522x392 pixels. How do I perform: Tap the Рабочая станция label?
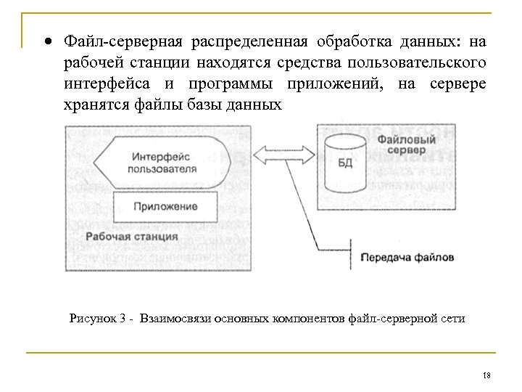131,237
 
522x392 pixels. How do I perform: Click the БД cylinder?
345,160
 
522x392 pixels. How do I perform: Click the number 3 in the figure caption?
125,317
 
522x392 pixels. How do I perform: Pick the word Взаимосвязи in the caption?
175,317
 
